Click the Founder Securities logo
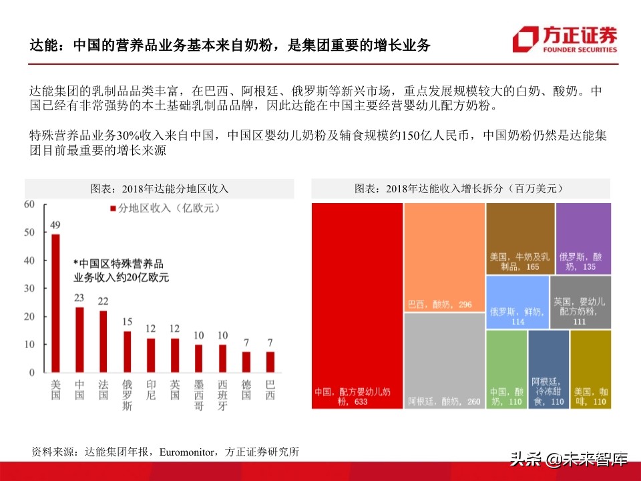pyautogui.click(x=565, y=39)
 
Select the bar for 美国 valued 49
pyautogui.click(x=55, y=303)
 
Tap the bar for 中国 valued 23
pyautogui.click(x=79, y=339)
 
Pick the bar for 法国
pyautogui.click(x=103, y=341)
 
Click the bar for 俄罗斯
pyautogui.click(x=127, y=351)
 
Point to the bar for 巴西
pyautogui.click(x=270, y=361)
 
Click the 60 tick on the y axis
pyautogui.click(x=29, y=204)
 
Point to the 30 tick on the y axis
pyautogui.click(x=29, y=289)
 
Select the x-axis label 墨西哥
pyautogui.click(x=198, y=395)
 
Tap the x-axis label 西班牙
pyautogui.click(x=222, y=395)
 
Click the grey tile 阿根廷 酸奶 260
pyautogui.click(x=444, y=361)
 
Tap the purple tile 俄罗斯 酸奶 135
pyautogui.click(x=583, y=238)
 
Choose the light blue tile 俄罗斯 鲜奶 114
pyautogui.click(x=517, y=302)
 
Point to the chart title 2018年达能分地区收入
pyautogui.click(x=160, y=189)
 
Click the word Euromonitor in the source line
pyautogui.click(x=186, y=452)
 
